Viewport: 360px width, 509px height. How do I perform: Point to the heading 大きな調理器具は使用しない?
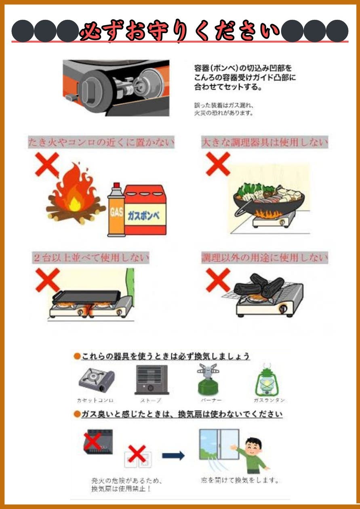265,143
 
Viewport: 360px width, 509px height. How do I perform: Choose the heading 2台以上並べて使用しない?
91,258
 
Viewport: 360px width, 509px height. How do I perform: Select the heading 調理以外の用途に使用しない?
265,258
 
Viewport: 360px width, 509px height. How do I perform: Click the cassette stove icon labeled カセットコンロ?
96,380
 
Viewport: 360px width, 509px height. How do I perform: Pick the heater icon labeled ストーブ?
151,380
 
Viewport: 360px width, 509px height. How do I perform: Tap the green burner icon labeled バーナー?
208,380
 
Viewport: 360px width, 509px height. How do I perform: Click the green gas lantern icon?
266,382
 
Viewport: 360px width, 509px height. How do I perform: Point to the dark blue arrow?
173,456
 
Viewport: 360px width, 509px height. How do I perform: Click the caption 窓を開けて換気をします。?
240,481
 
